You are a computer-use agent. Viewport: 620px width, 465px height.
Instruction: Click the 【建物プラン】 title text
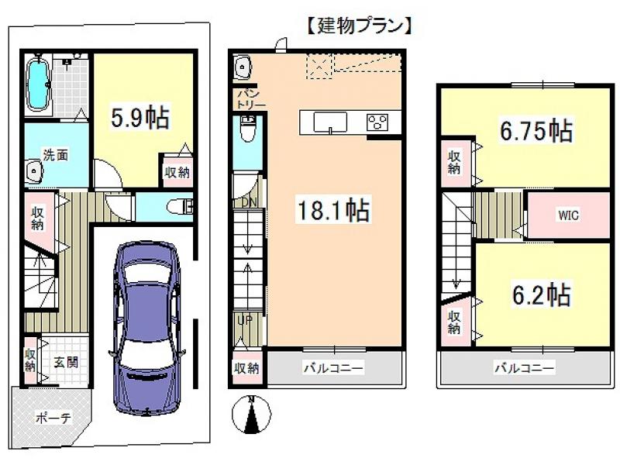pyautogui.click(x=360, y=26)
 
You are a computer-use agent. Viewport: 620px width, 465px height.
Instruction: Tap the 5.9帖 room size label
pyautogui.click(x=140, y=118)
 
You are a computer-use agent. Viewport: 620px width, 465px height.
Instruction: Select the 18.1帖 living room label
pyautogui.click(x=334, y=209)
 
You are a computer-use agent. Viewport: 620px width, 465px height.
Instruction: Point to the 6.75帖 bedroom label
pyautogui.click(x=536, y=130)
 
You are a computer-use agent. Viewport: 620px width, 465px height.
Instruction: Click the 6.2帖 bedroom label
pyautogui.click(x=541, y=294)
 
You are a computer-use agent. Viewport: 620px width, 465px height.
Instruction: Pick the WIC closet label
pyautogui.click(x=568, y=215)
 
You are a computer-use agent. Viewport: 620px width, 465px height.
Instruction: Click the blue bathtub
pyautogui.click(x=38, y=84)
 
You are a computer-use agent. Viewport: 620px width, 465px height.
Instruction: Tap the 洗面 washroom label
pyautogui.click(x=55, y=155)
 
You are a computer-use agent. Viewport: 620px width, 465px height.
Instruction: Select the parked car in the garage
pyautogui.click(x=146, y=328)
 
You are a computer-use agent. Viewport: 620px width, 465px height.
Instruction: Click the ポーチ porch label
pyautogui.click(x=53, y=418)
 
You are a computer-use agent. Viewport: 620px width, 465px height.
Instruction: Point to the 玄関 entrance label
pyautogui.click(x=66, y=362)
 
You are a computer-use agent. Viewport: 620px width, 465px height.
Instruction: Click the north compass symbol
pyautogui.click(x=251, y=415)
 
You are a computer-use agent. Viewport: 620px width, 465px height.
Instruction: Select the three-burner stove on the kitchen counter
pyautogui.click(x=377, y=122)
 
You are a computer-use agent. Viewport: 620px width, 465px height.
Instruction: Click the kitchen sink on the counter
pyautogui.click(x=330, y=122)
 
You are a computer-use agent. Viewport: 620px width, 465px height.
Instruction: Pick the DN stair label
pyautogui.click(x=249, y=202)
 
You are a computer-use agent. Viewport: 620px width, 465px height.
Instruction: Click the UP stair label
pyautogui.click(x=245, y=320)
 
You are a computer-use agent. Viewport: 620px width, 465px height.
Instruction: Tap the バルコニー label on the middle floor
pyautogui.click(x=333, y=368)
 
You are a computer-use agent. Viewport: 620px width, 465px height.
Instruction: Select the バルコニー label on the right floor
pyautogui.click(x=525, y=368)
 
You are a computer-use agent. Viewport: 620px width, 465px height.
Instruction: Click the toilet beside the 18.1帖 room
pyautogui.click(x=248, y=129)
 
